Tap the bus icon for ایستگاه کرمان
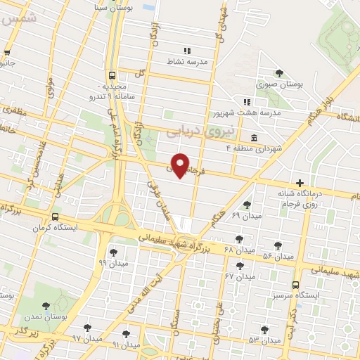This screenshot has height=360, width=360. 55,217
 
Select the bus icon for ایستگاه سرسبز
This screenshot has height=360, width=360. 295,285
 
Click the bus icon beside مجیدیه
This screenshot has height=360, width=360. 112,75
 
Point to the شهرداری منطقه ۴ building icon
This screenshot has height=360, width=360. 252,137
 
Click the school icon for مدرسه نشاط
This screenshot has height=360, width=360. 187,51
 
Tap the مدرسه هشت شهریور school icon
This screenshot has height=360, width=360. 246,101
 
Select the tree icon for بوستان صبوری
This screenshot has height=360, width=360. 279,72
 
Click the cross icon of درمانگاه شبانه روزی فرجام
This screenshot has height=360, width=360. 300,182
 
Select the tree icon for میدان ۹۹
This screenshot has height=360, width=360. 112,251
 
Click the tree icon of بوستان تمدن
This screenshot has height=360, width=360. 46,306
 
